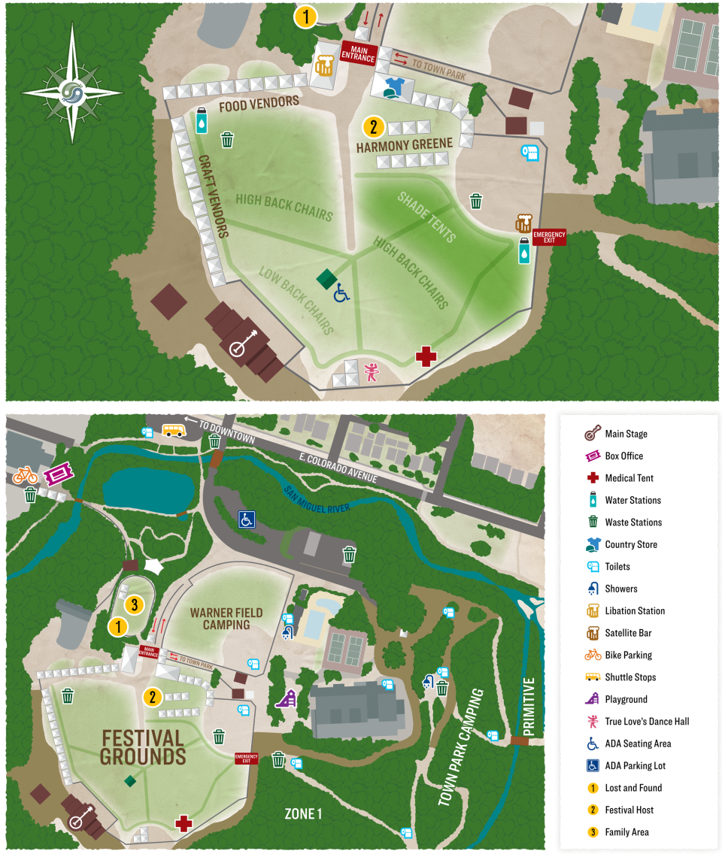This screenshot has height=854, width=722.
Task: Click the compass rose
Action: click(x=72, y=84)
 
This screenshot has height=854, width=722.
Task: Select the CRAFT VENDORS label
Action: click(x=212, y=196)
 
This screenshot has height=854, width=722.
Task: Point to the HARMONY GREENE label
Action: click(x=405, y=144)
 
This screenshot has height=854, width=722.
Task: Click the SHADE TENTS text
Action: click(x=426, y=217)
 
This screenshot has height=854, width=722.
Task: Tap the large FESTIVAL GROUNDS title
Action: click(x=142, y=746)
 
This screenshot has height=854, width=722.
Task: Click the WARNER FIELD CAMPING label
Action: click(x=226, y=619)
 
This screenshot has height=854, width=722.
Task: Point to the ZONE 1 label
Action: click(x=303, y=813)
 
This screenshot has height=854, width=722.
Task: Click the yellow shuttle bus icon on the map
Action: click(x=174, y=430)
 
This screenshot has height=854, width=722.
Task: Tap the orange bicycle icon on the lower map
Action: click(x=25, y=475)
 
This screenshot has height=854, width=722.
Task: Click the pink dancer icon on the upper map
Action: click(x=371, y=371)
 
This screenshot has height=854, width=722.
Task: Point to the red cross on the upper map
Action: click(x=426, y=356)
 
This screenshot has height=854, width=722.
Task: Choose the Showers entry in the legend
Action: click(x=620, y=589)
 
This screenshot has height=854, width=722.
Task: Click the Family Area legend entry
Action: click(x=626, y=832)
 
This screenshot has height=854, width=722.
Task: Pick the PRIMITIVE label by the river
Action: click(x=529, y=707)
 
